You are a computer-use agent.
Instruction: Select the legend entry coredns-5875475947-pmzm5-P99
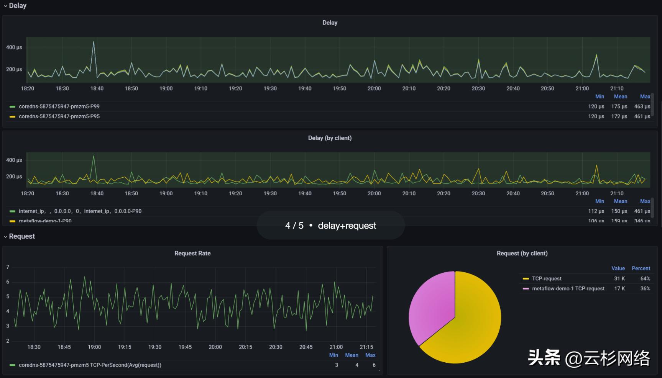click(x=59, y=106)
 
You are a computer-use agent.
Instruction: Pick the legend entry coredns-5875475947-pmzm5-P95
click(x=59, y=116)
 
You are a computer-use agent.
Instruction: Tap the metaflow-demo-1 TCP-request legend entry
click(x=568, y=289)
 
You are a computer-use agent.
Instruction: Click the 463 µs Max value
click(x=642, y=106)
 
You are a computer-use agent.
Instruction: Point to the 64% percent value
click(x=645, y=279)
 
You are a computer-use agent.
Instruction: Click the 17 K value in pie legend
click(x=619, y=289)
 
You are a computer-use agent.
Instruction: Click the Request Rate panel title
click(x=192, y=253)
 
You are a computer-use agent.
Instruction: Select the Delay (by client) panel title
click(x=330, y=138)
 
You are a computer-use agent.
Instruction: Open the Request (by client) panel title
click(x=522, y=253)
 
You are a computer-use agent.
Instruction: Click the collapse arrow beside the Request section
click(x=5, y=237)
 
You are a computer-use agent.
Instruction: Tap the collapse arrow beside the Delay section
click(x=5, y=6)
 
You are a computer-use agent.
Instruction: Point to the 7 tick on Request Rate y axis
click(x=8, y=267)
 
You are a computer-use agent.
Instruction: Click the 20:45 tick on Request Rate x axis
click(x=306, y=347)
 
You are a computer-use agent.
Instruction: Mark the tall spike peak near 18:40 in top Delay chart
click(x=94, y=42)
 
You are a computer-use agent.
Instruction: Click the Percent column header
click(x=641, y=268)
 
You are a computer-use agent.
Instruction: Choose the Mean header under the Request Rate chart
click(x=352, y=355)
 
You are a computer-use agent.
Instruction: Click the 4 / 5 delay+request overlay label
click(x=330, y=226)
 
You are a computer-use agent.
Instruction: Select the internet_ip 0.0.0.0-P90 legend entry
click(x=80, y=211)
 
